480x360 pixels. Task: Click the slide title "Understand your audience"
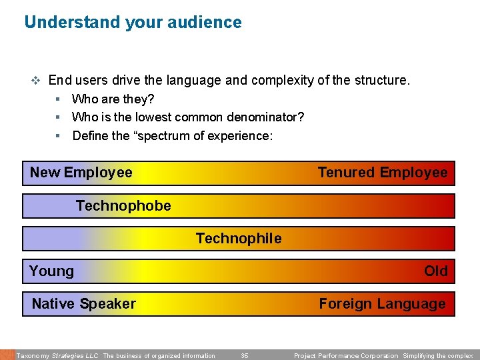click(x=133, y=22)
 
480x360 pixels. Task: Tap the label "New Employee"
click(x=81, y=173)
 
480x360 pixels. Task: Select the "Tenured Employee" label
click(x=383, y=173)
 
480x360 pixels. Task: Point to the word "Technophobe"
click(x=123, y=206)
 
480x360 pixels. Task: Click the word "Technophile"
click(x=239, y=239)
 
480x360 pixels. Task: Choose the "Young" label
click(x=51, y=271)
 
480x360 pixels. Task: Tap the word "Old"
click(x=436, y=271)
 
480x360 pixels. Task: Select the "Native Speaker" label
click(x=84, y=304)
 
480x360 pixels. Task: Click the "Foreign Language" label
click(x=382, y=304)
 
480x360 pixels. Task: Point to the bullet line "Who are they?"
click(x=113, y=99)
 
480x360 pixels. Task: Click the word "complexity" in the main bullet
click(x=280, y=81)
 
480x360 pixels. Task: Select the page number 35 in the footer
click(x=245, y=356)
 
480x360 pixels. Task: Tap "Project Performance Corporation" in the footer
click(x=346, y=356)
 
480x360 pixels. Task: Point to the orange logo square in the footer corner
click(x=7, y=355)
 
